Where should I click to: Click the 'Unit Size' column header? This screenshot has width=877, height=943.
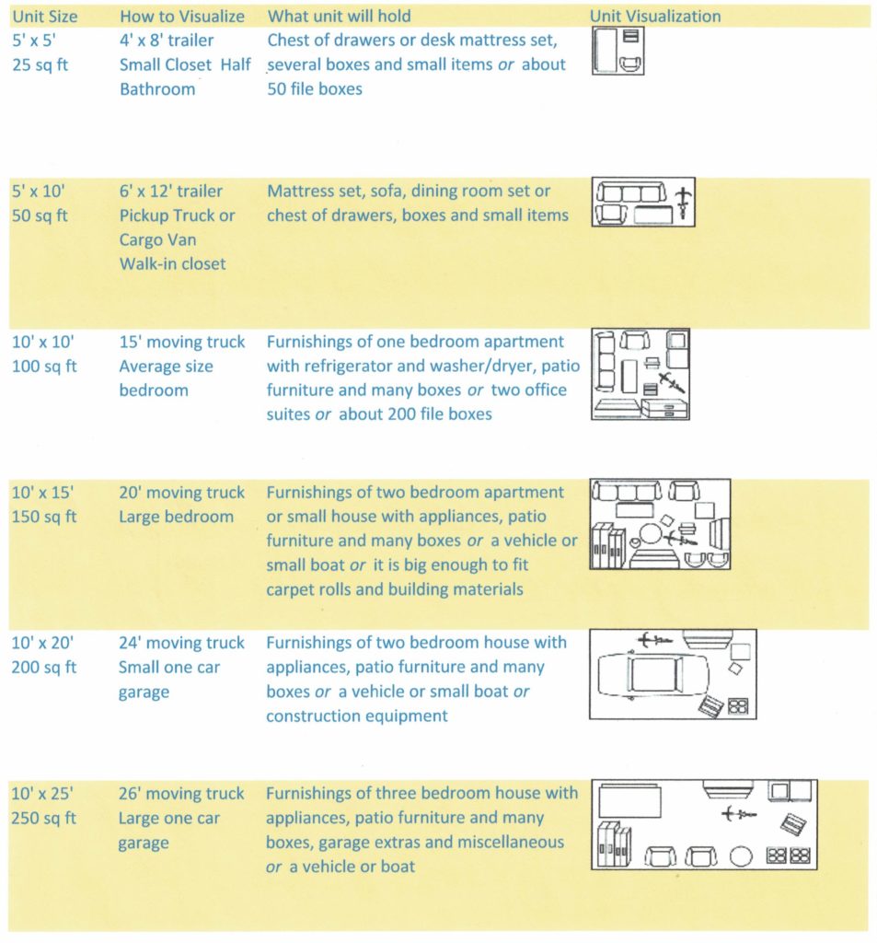pyautogui.click(x=44, y=17)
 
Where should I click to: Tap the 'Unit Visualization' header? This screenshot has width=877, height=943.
pyautogui.click(x=654, y=17)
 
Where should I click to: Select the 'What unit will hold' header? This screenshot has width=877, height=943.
pyautogui.click(x=339, y=17)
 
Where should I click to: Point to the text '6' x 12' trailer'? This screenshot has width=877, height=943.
pyautogui.click(x=171, y=192)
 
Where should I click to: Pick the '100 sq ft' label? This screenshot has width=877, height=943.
pyautogui.click(x=44, y=367)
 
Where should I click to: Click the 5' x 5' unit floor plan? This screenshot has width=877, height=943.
pyautogui.click(x=617, y=51)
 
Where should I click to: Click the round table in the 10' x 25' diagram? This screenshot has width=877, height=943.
pyautogui.click(x=742, y=856)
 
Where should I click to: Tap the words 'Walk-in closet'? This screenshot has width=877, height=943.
pyautogui.click(x=172, y=264)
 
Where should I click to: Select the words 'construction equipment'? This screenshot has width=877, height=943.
pyautogui.click(x=357, y=716)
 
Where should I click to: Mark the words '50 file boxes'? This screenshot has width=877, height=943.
pyautogui.click(x=315, y=90)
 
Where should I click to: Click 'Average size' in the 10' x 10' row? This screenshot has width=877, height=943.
pyautogui.click(x=166, y=367)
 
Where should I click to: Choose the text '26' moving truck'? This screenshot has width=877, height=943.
pyautogui.click(x=181, y=794)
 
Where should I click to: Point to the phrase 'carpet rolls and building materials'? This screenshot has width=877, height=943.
pyautogui.click(x=395, y=589)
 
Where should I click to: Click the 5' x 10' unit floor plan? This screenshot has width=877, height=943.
pyautogui.click(x=642, y=203)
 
